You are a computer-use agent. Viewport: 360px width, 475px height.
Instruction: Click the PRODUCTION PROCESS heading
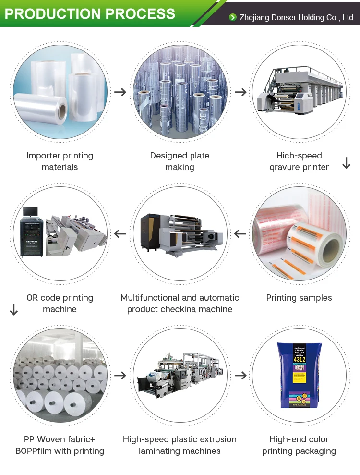click(x=90, y=13)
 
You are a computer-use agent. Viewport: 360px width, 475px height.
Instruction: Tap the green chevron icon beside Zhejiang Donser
click(x=233, y=18)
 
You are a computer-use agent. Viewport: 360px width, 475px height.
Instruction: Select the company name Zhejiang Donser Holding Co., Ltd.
click(x=296, y=18)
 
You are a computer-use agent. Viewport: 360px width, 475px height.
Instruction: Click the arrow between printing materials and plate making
click(x=120, y=92)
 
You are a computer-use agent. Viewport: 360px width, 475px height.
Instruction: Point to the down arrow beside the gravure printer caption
click(x=346, y=163)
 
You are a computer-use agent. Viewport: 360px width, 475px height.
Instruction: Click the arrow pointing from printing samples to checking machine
click(x=240, y=234)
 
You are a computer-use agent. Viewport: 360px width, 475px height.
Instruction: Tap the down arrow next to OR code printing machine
click(x=13, y=309)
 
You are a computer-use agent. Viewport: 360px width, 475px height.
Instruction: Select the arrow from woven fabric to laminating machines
click(x=120, y=375)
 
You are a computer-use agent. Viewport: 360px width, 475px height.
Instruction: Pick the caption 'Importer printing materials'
click(x=60, y=161)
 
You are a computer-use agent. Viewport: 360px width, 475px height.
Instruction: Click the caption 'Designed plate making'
click(x=180, y=161)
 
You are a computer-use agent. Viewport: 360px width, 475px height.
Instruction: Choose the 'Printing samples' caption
click(x=299, y=298)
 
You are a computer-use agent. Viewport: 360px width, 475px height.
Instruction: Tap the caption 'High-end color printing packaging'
click(x=299, y=445)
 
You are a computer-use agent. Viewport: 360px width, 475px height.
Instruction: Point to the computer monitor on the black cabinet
click(x=30, y=212)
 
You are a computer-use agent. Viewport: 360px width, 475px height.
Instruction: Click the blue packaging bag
click(x=299, y=375)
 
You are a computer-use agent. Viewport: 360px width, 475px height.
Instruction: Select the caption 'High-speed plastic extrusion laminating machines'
click(x=180, y=445)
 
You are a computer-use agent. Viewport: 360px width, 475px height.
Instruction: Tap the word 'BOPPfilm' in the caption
click(x=37, y=451)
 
